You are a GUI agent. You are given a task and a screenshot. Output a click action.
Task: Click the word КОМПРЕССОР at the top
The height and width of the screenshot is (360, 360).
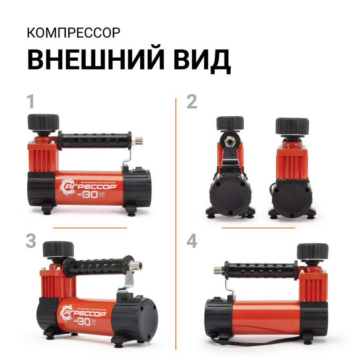(x=74, y=33)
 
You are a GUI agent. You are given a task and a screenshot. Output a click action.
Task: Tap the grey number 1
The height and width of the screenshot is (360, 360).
(x=30, y=102)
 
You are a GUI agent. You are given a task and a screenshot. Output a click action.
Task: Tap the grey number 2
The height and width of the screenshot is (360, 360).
(x=192, y=102)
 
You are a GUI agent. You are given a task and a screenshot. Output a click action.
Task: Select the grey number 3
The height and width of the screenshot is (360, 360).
(x=31, y=242)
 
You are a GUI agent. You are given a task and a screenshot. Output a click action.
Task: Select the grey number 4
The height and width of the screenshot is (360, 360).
(x=192, y=242)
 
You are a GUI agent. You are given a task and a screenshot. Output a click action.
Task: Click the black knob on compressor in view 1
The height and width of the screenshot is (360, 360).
(x=43, y=121)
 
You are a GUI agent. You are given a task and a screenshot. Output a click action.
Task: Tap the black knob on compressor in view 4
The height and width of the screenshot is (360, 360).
(x=312, y=251)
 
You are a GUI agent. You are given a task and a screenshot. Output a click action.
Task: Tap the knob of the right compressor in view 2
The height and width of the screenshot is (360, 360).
(x=292, y=126)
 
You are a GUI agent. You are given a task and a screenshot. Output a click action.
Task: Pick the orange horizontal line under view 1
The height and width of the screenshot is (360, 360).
(x=90, y=228)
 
